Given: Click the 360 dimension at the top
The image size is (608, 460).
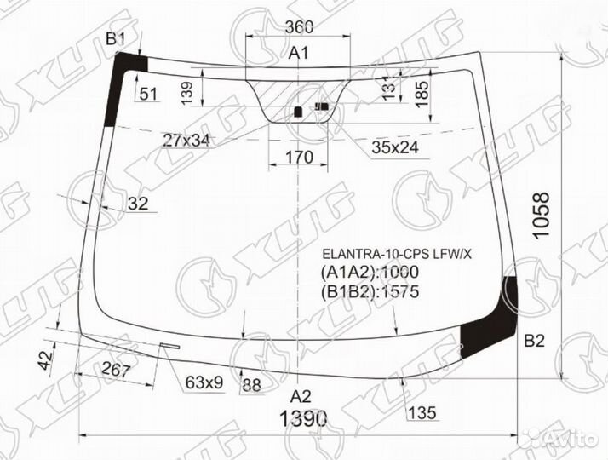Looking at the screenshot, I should tap(297, 27).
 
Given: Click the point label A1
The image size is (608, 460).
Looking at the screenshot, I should tap(297, 54).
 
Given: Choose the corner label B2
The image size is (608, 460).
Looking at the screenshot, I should tap(533, 342).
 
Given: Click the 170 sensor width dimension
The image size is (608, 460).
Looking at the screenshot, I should tap(297, 157).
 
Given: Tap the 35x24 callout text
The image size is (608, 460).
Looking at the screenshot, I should tap(395, 147).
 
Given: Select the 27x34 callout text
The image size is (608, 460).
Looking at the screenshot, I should tap(186, 139).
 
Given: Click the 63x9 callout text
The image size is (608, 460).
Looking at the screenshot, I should tap(204, 382).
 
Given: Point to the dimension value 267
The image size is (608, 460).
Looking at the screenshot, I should tap(114, 370).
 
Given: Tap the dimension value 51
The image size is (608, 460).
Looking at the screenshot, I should tap(149, 94).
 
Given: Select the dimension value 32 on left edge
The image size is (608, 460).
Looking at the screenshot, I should tap(137, 203).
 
